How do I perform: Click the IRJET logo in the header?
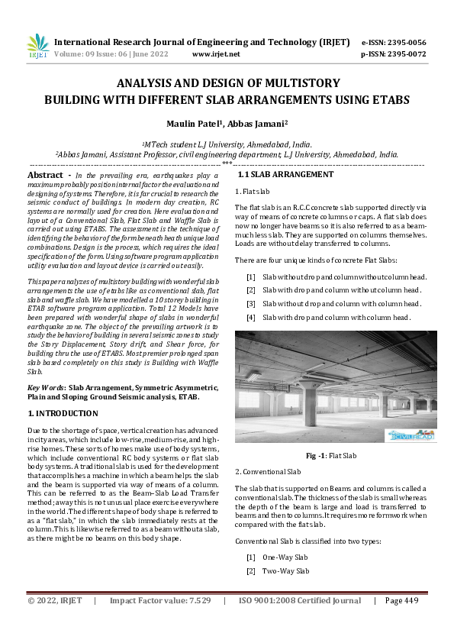point(38,47)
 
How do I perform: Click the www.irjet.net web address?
point(216,54)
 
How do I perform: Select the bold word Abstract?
point(44,175)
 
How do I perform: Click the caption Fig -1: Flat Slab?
point(331,456)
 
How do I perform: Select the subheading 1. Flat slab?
point(253,192)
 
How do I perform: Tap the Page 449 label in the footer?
point(402,622)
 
